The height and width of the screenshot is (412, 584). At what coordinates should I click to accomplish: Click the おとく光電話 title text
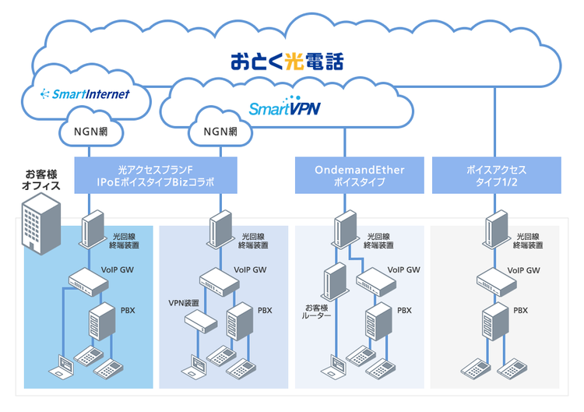[x=286, y=61]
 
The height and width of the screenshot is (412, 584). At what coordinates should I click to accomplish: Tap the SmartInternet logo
[x=86, y=94]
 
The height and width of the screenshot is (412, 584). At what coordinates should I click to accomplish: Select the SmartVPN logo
[x=285, y=107]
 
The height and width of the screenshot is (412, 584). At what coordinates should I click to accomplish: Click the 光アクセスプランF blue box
[x=156, y=175]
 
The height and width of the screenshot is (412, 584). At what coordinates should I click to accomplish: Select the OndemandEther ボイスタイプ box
[x=360, y=175]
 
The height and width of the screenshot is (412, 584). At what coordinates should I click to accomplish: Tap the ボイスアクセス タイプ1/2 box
[x=496, y=175]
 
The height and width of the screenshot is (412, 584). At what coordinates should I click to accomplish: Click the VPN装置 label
[x=184, y=303]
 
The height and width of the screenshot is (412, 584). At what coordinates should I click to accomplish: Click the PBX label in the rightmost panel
[x=520, y=310]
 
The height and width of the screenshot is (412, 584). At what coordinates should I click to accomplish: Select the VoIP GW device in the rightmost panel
[x=496, y=280]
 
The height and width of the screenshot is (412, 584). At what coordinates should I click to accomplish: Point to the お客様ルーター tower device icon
[x=335, y=283]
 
